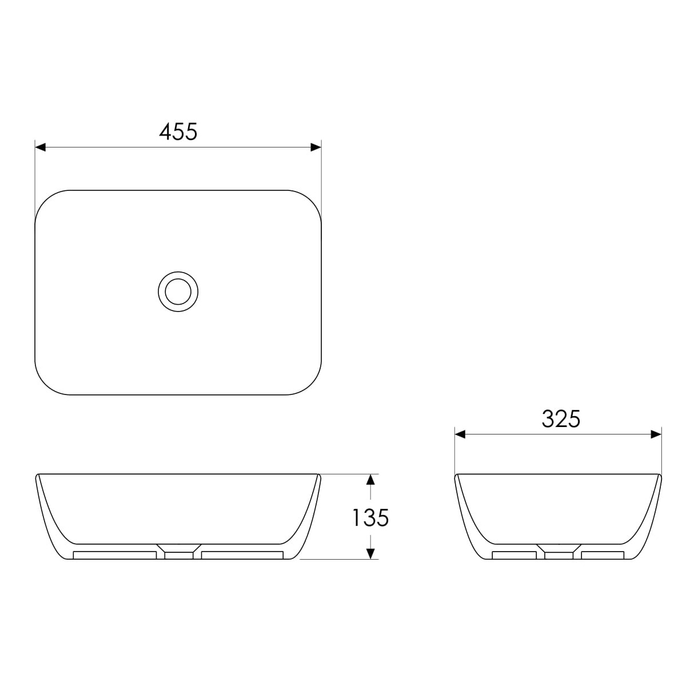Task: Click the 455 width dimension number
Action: pos(178,131)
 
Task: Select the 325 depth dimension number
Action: pos(561,419)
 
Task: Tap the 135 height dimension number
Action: pos(370,518)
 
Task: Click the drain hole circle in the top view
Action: pos(178,292)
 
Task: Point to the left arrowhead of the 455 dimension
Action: pos(40,147)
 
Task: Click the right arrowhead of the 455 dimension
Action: pos(316,147)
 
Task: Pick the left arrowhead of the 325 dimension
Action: pos(460,434)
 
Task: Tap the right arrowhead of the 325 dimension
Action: pos(656,434)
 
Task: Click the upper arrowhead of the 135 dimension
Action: pos(370,480)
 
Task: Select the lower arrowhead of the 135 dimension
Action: pos(370,553)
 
